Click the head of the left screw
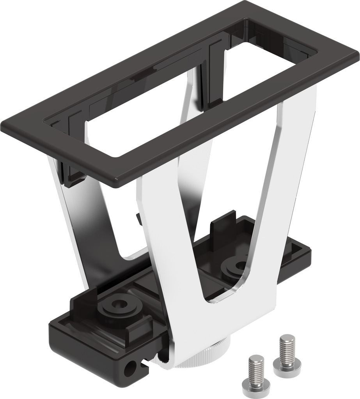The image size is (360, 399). (x=256, y=385)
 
